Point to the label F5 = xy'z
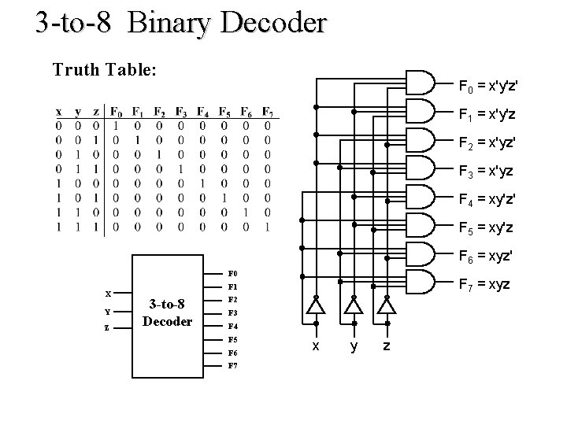coord(487,227)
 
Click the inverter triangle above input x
coord(316,305)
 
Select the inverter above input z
coord(387,305)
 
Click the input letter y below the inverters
coord(354,346)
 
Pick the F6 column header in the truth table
coord(247,109)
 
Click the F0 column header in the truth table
coord(116,109)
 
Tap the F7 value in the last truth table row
coord(269,227)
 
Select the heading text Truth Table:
coord(105,69)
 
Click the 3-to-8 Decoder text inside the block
coord(167,313)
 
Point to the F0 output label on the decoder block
coord(232,273)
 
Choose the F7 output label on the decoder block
coord(232,366)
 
